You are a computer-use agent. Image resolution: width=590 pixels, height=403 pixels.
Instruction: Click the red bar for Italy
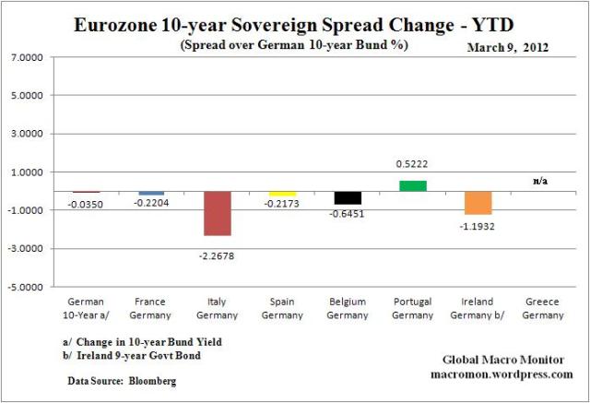pos(218,213)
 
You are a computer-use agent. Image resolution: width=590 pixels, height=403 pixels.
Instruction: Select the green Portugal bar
pos(412,185)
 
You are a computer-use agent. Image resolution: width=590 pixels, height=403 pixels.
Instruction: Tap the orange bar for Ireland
pos(478,203)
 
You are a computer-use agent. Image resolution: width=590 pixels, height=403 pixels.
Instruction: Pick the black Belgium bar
pos(348,197)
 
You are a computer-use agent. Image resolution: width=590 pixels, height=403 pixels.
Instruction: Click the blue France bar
pos(152,193)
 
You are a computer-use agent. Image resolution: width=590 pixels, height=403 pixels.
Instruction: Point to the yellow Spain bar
pos(282,193)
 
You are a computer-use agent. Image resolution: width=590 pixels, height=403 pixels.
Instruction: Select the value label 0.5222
pos(412,164)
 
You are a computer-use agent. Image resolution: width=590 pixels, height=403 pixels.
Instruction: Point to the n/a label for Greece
pos(540,181)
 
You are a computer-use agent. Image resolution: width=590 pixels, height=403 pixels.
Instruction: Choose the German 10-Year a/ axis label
pos(87,307)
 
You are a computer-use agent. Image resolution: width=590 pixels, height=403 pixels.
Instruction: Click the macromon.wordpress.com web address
pos(501,374)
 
